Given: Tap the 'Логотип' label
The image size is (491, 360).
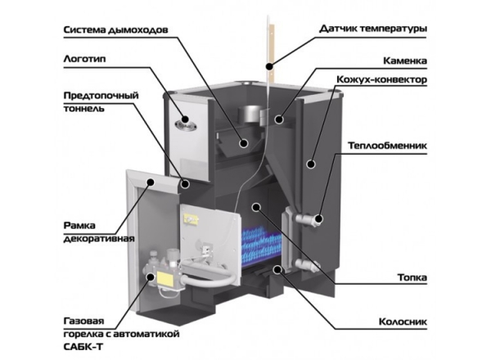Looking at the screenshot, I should [x=84, y=59].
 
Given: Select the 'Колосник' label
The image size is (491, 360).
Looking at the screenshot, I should [x=404, y=322].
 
